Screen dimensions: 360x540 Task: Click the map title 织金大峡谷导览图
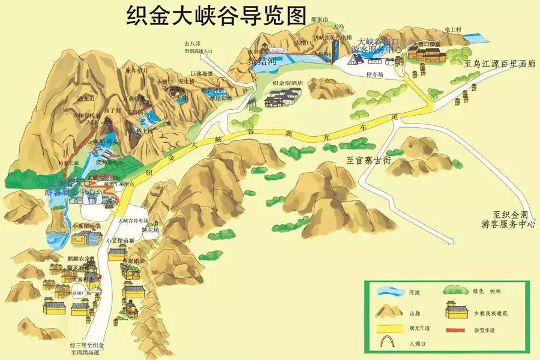click(217, 15)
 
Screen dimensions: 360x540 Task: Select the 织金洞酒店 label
click(287, 83)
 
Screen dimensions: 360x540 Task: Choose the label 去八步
click(194, 43)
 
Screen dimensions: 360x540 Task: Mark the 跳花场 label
click(151, 230)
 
